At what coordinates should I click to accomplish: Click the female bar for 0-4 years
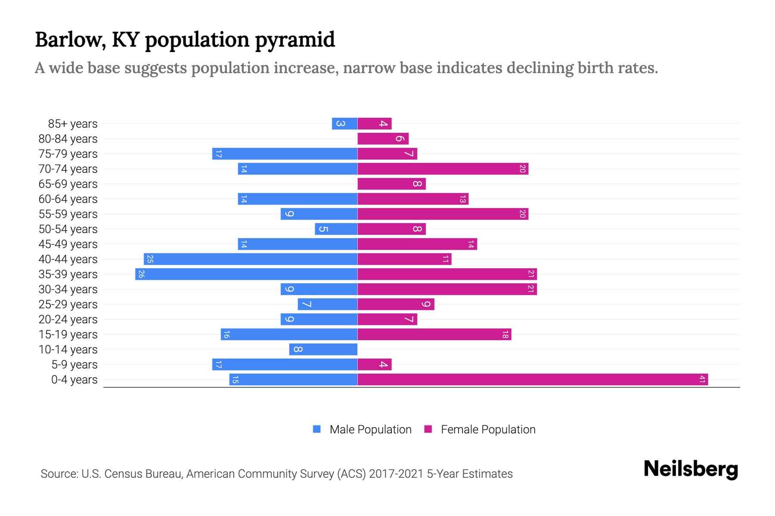pyautogui.click(x=533, y=379)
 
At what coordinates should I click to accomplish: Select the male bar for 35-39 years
pyautogui.click(x=246, y=274)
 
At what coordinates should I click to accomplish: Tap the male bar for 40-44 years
pyautogui.click(x=251, y=259)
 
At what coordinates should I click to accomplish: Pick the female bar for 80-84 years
pyautogui.click(x=383, y=138)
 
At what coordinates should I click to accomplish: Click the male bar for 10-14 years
pyautogui.click(x=323, y=349)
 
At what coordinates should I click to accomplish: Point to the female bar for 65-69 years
pyautogui.click(x=391, y=184)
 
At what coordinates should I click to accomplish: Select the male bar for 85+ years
pyautogui.click(x=344, y=123)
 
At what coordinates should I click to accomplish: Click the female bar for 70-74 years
pyautogui.click(x=443, y=169)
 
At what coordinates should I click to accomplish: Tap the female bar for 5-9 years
pyautogui.click(x=374, y=364)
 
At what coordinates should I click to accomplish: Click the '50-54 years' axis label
pyautogui.click(x=68, y=229)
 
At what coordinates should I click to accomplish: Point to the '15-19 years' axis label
pyautogui.click(x=68, y=334)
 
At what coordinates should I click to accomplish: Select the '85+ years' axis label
pyautogui.click(x=73, y=123)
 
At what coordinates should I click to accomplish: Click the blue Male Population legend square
pyautogui.click(x=317, y=429)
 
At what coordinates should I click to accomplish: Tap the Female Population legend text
pyautogui.click(x=488, y=429)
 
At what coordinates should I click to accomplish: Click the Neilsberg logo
pyautogui.click(x=691, y=469)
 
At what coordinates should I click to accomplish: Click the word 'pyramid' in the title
pyautogui.click(x=295, y=40)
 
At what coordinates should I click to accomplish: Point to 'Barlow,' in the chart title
pyautogui.click(x=71, y=40)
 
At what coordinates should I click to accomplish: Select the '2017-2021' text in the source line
pyautogui.click(x=396, y=473)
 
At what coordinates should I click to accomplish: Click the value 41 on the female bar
pyautogui.click(x=702, y=379)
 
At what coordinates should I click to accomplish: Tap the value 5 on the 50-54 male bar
pyautogui.click(x=323, y=229)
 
